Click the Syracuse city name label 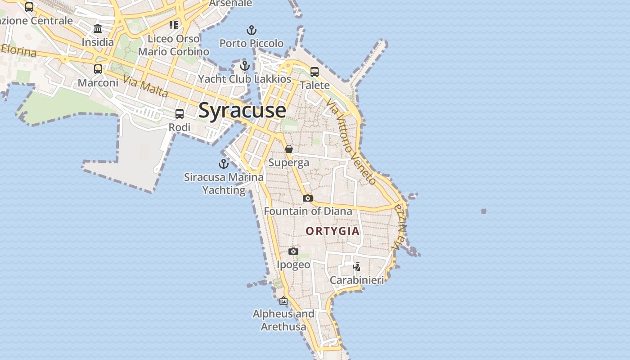coord(242,110)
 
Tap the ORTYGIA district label coord(333,231)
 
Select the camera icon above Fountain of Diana coord(308,198)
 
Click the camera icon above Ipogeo coord(293,252)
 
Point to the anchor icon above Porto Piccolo coord(252,31)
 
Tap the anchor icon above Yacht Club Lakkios coord(245,66)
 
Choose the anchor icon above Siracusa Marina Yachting coord(224,164)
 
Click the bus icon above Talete coord(315,72)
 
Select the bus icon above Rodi coord(180,114)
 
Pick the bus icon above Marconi coord(98,69)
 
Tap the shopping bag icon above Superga coord(289,149)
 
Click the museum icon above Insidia coord(98,29)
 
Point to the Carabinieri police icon coord(357,267)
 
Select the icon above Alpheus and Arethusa coord(283,301)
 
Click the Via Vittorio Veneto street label coord(351,142)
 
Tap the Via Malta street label coord(145,87)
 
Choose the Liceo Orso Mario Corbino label coord(174,45)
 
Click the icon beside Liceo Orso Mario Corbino coord(174,25)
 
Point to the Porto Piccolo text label coord(252,43)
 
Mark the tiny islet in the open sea coord(484,211)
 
